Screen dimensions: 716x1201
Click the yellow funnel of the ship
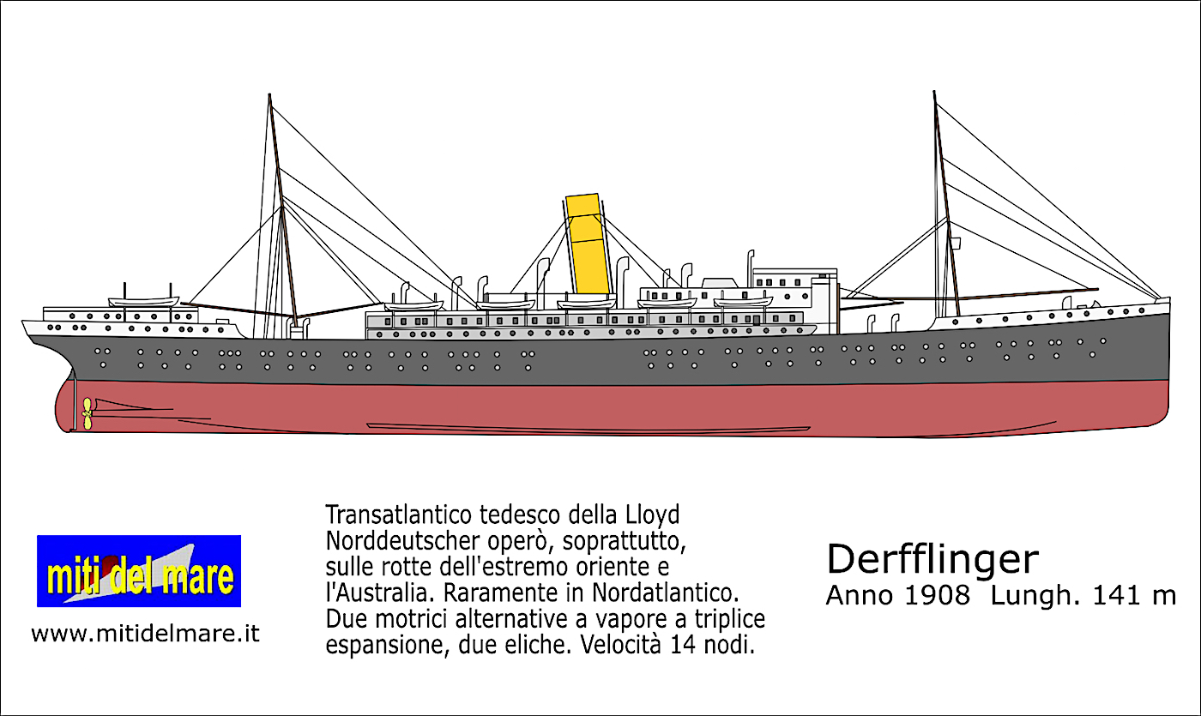[x=588, y=244]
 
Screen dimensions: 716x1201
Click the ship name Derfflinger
[x=932, y=560]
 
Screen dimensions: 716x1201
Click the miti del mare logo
[x=139, y=571]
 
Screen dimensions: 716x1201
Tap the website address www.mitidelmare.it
[x=145, y=635]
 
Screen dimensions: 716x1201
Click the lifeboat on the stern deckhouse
[x=143, y=301]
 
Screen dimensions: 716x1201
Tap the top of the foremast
[x=934, y=93]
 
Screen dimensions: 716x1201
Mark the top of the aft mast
[x=269, y=96]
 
